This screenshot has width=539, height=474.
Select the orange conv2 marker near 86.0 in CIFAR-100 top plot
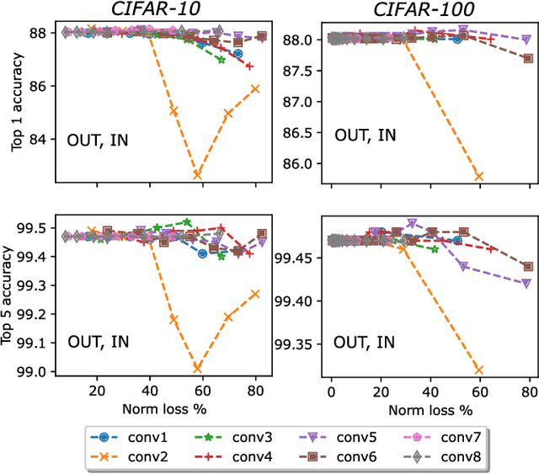coord(479,176)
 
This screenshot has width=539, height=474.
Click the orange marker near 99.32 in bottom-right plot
coord(479,369)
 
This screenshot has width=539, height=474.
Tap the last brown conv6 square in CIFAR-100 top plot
coord(528,58)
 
